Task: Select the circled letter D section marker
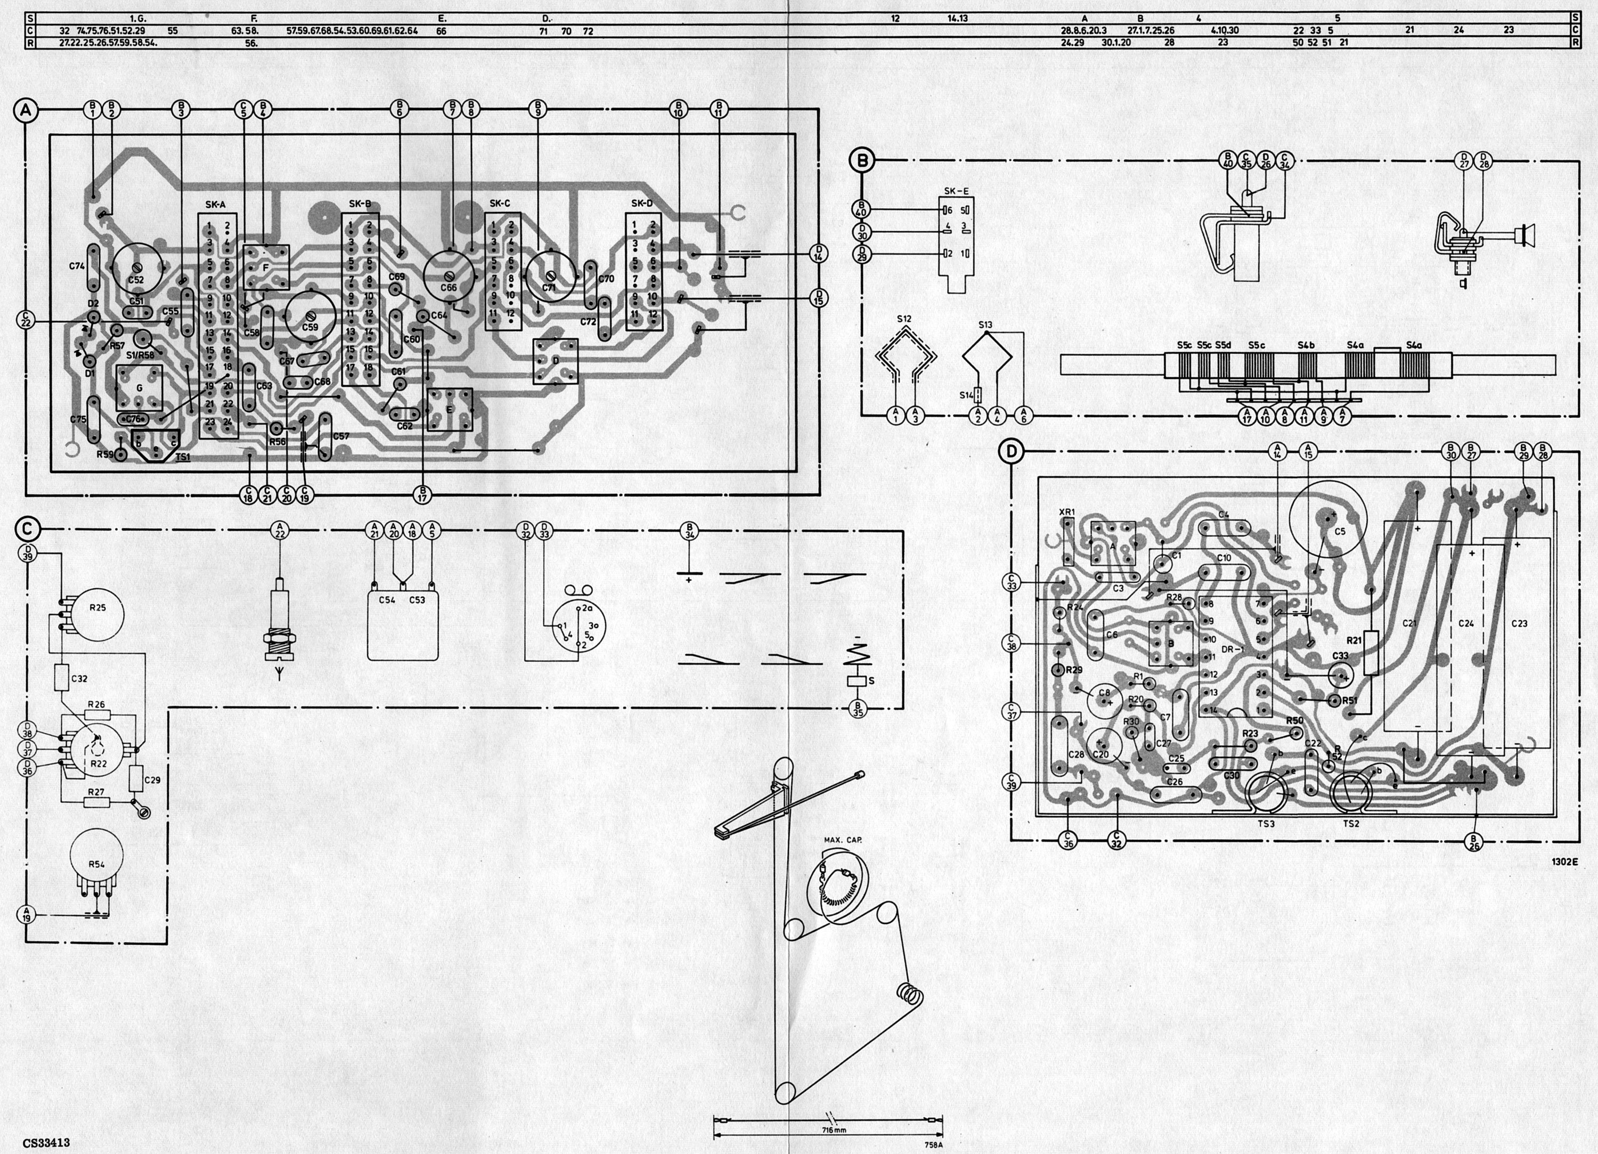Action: click(x=1011, y=451)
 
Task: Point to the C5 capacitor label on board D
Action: click(x=1340, y=532)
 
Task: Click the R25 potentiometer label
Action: click(x=97, y=607)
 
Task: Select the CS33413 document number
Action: click(x=46, y=1143)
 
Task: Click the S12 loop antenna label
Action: click(x=904, y=319)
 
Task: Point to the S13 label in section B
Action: click(x=985, y=325)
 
